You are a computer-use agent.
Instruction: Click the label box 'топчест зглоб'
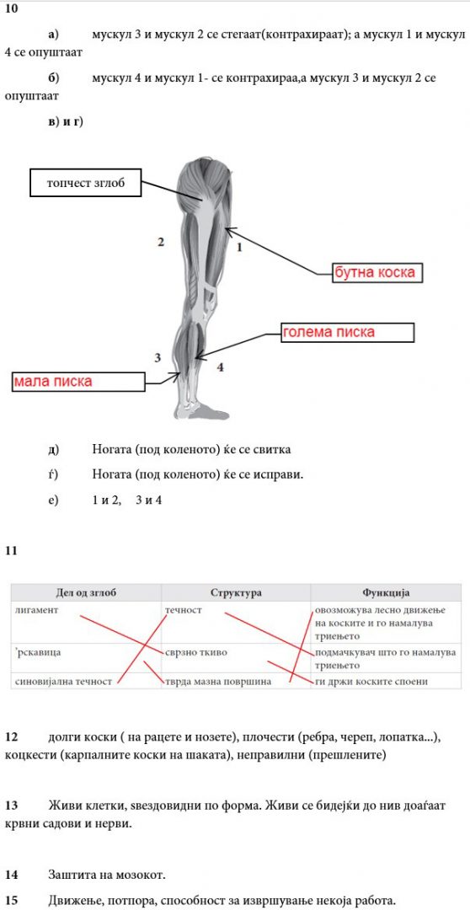85,184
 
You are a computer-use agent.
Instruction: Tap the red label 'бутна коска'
377,272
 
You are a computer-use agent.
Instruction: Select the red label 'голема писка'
329,332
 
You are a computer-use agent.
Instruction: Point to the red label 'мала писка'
53,382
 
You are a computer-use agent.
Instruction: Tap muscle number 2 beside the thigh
161,242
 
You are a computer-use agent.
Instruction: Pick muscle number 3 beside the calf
158,357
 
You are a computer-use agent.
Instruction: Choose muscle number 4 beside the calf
221,367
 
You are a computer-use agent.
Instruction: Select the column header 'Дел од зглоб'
87,592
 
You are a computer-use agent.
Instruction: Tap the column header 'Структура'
236,592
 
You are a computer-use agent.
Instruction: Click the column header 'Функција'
386,592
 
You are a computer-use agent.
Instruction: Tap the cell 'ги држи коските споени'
371,682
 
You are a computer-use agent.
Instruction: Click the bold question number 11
11,551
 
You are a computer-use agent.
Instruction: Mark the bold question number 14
12,874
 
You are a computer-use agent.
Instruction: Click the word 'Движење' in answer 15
72,900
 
